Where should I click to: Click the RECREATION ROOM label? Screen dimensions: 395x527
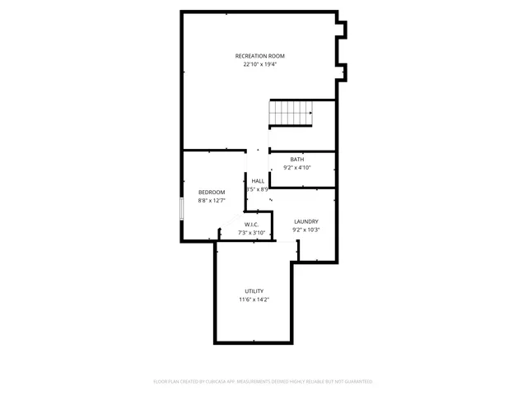pyautogui.click(x=259, y=56)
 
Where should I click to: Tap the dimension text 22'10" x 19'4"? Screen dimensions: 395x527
pyautogui.click(x=259, y=64)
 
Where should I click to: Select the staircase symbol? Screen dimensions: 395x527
pyautogui.click(x=291, y=113)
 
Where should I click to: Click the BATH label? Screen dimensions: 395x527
pyautogui.click(x=296, y=159)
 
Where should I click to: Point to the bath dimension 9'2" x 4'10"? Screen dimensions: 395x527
pyautogui.click(x=296, y=167)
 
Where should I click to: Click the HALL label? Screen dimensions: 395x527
pyautogui.click(x=258, y=180)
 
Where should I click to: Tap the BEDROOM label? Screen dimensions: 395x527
pyautogui.click(x=212, y=192)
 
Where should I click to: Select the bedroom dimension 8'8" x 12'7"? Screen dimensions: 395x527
pyautogui.click(x=212, y=200)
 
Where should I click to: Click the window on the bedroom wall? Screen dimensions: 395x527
pyautogui.click(x=182, y=208)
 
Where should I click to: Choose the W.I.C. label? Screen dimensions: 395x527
pyautogui.click(x=251, y=225)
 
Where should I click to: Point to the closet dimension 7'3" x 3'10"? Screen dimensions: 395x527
pyautogui.click(x=251, y=233)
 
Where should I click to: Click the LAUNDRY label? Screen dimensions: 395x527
pyautogui.click(x=306, y=221)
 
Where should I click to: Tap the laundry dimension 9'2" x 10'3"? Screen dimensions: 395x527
pyautogui.click(x=306, y=230)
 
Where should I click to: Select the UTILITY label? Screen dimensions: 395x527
pyautogui.click(x=254, y=291)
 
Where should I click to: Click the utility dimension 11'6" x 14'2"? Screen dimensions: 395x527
pyautogui.click(x=254, y=300)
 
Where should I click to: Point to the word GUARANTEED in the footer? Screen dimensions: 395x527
pyautogui.click(x=357, y=382)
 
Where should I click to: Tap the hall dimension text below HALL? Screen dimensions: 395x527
pyautogui.click(x=257, y=189)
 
